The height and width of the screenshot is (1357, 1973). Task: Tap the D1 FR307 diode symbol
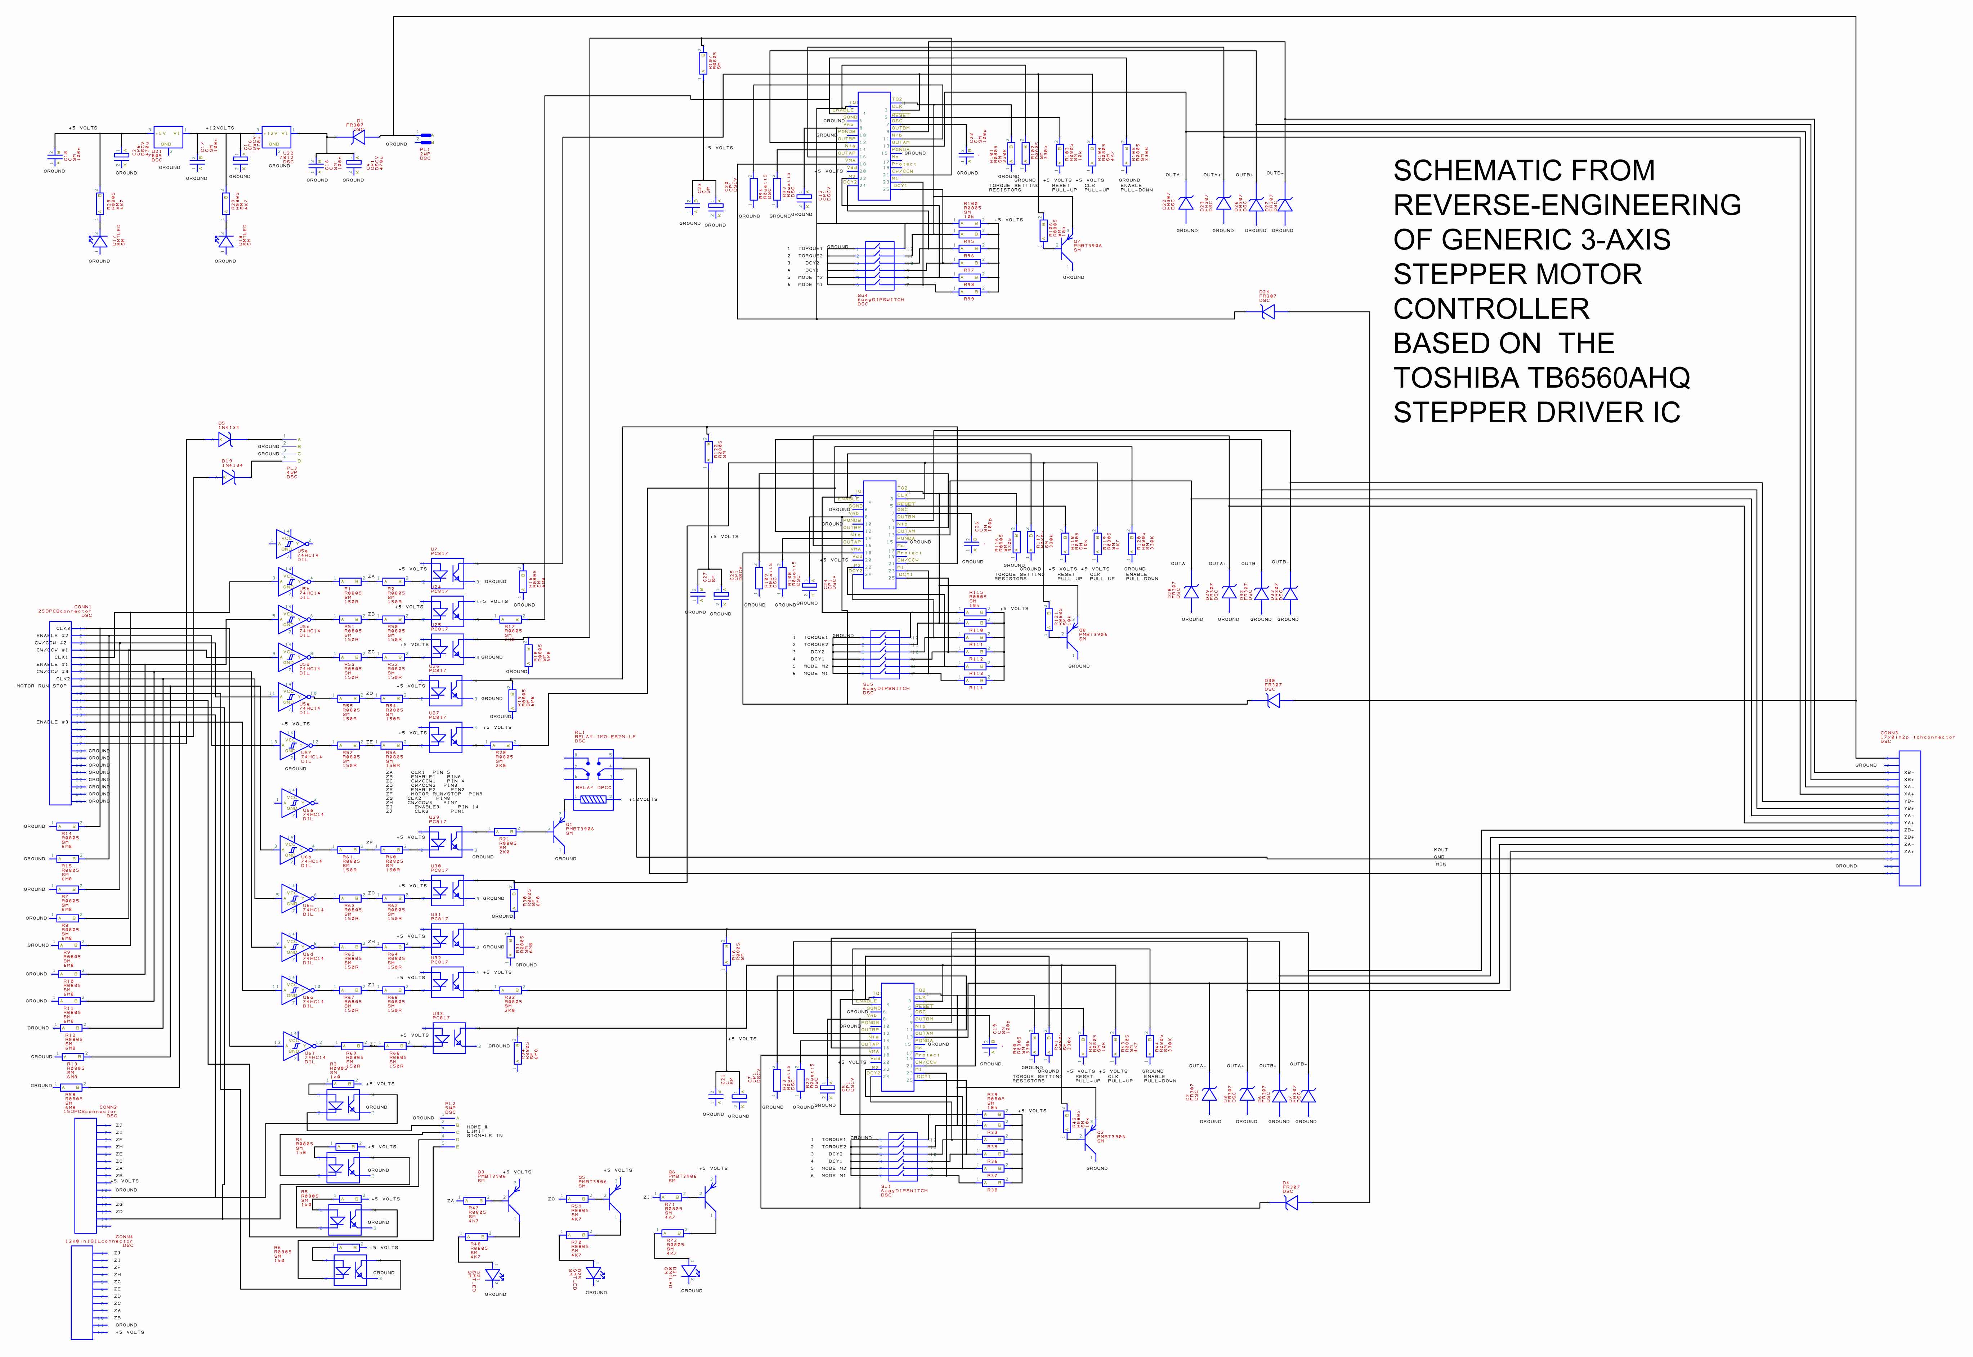[x=358, y=136]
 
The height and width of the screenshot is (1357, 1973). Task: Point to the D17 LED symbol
[x=99, y=242]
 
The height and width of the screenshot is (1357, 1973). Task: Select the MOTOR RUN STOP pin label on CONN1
[x=41, y=685]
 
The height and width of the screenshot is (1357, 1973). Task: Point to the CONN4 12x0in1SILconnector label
[x=99, y=1240]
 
